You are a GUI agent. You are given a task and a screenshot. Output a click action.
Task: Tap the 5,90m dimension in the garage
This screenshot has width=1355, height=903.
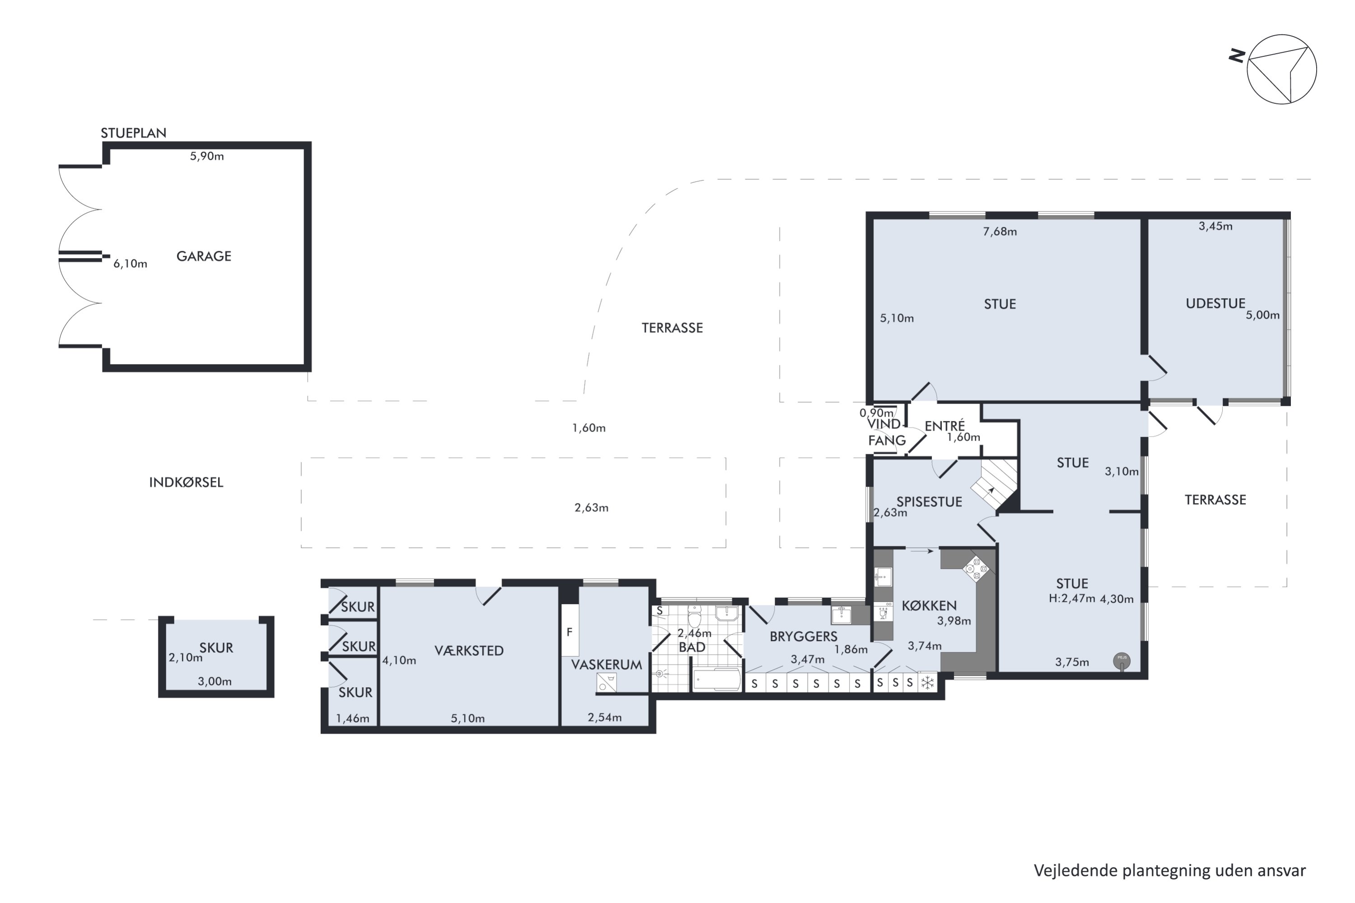(207, 156)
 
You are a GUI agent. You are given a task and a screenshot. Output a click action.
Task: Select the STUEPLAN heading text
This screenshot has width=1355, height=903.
(134, 133)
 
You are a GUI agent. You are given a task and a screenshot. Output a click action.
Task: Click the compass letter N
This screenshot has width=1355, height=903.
(1237, 56)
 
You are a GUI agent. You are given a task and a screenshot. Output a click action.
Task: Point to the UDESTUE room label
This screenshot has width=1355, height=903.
(1215, 303)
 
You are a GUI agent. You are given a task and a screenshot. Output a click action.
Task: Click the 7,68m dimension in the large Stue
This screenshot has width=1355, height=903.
(1000, 232)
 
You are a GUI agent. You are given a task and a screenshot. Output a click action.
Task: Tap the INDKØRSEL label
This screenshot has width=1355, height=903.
(186, 483)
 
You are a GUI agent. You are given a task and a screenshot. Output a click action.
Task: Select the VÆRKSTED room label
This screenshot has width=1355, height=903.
(469, 651)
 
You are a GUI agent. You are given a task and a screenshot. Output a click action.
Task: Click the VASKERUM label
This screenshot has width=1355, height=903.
(606, 665)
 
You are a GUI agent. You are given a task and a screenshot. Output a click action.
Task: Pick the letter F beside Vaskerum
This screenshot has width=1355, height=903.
(569, 633)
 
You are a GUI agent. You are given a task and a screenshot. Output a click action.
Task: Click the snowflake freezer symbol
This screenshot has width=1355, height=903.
(928, 683)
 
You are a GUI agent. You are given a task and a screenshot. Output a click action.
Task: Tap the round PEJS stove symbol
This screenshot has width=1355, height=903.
(1121, 661)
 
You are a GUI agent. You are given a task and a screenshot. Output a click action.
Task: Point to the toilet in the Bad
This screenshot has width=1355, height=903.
(695, 617)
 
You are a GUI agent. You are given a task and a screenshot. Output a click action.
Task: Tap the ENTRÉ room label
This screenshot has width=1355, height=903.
(944, 426)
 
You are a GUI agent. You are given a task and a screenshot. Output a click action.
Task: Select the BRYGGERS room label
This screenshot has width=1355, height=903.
(803, 636)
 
